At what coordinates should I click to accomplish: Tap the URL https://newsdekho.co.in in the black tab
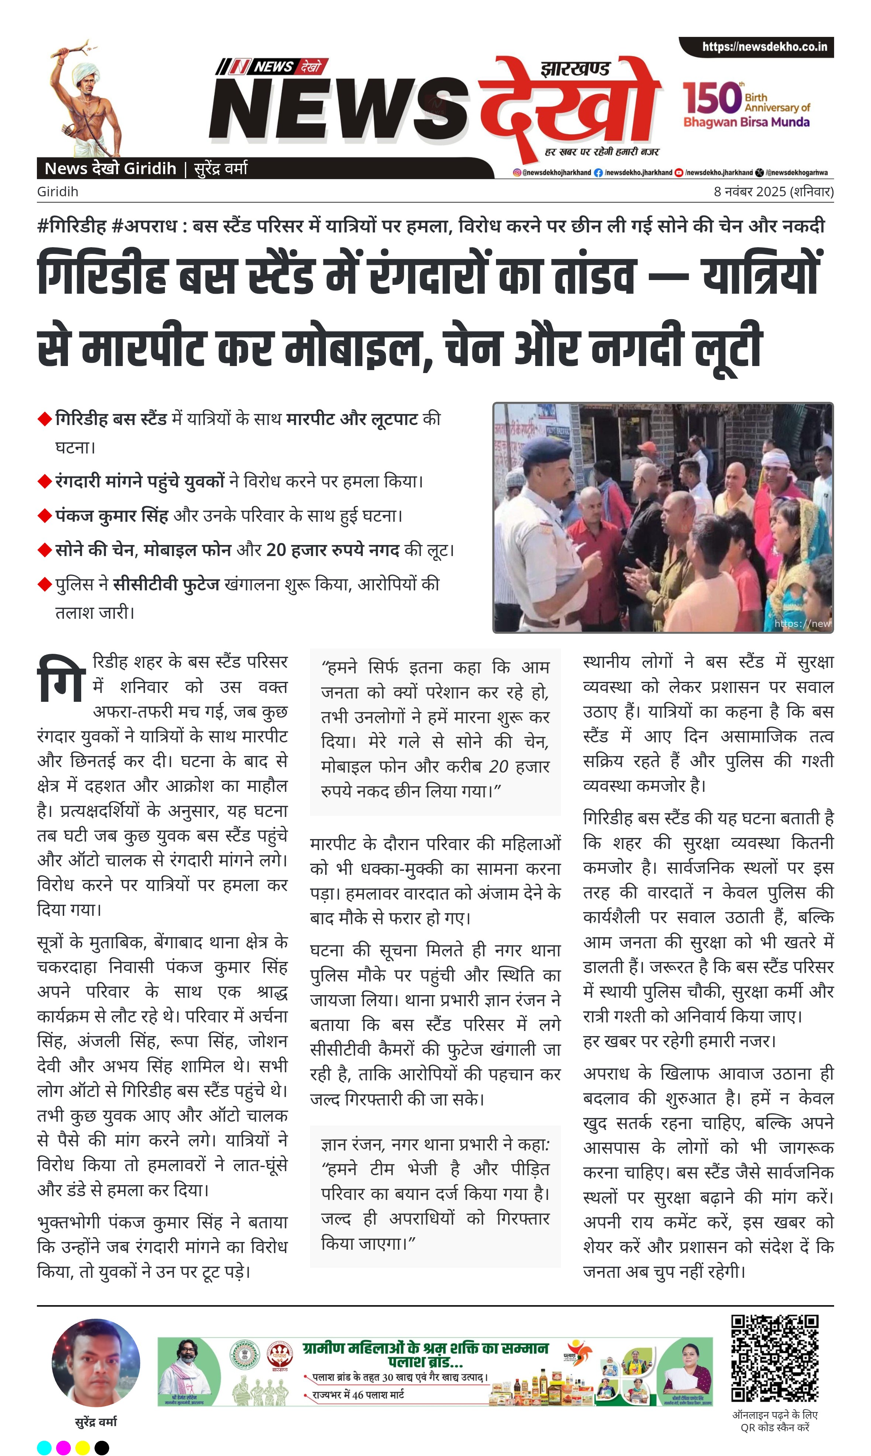point(764,47)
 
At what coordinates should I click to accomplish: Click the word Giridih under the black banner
point(58,192)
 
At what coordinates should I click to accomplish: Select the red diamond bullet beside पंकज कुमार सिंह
point(45,516)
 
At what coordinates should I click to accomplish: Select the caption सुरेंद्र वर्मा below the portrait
point(96,1422)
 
